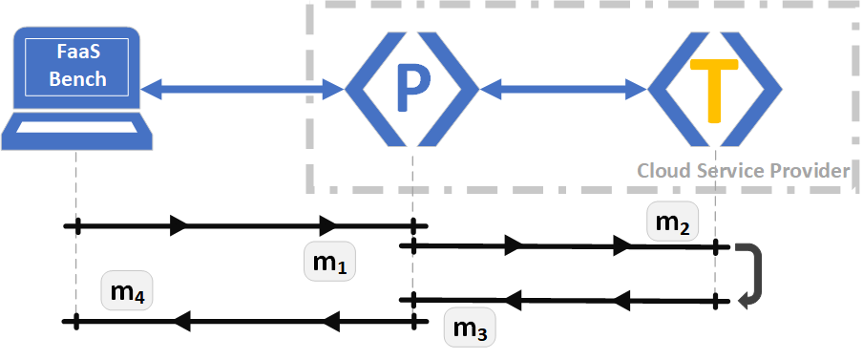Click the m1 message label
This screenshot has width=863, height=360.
coord(329,261)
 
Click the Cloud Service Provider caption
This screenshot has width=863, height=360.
coord(743,171)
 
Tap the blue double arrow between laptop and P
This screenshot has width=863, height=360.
coord(242,90)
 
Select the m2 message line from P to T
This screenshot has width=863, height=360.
coord(563,246)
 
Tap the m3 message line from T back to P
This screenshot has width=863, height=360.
coord(563,301)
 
